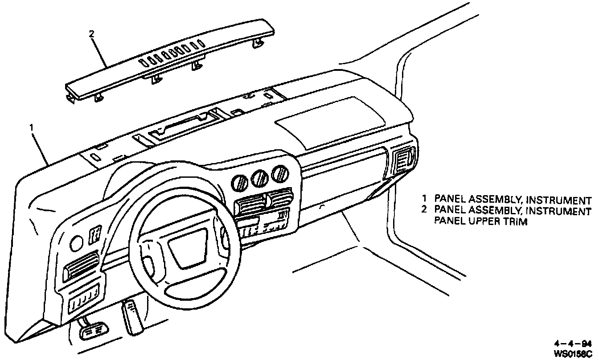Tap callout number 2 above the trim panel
coord(92,33)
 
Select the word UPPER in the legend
coord(482,221)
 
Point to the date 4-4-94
coord(572,344)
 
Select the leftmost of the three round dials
coord(239,181)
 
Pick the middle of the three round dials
coord(259,178)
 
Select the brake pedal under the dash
coord(92,330)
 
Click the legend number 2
coord(425,209)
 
